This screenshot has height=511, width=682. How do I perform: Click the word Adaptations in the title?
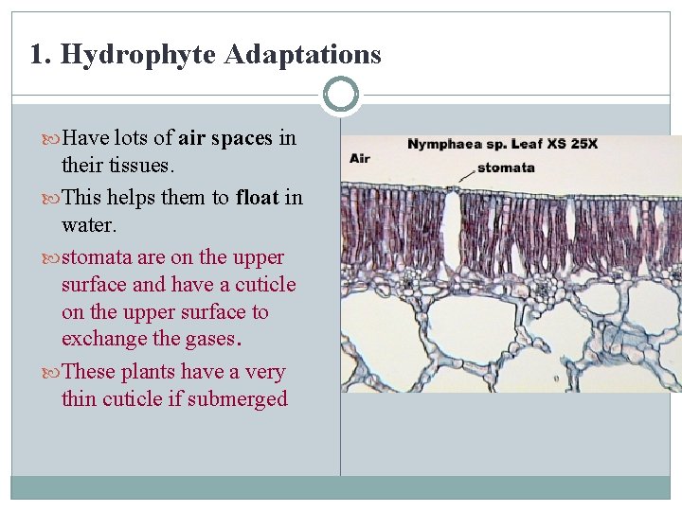(303, 55)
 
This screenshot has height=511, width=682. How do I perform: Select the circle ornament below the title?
(340, 95)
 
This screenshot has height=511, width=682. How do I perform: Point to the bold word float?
(258, 197)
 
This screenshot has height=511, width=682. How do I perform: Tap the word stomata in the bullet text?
(92, 257)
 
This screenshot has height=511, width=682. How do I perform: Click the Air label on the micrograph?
(360, 158)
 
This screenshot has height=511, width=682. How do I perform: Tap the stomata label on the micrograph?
(505, 168)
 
